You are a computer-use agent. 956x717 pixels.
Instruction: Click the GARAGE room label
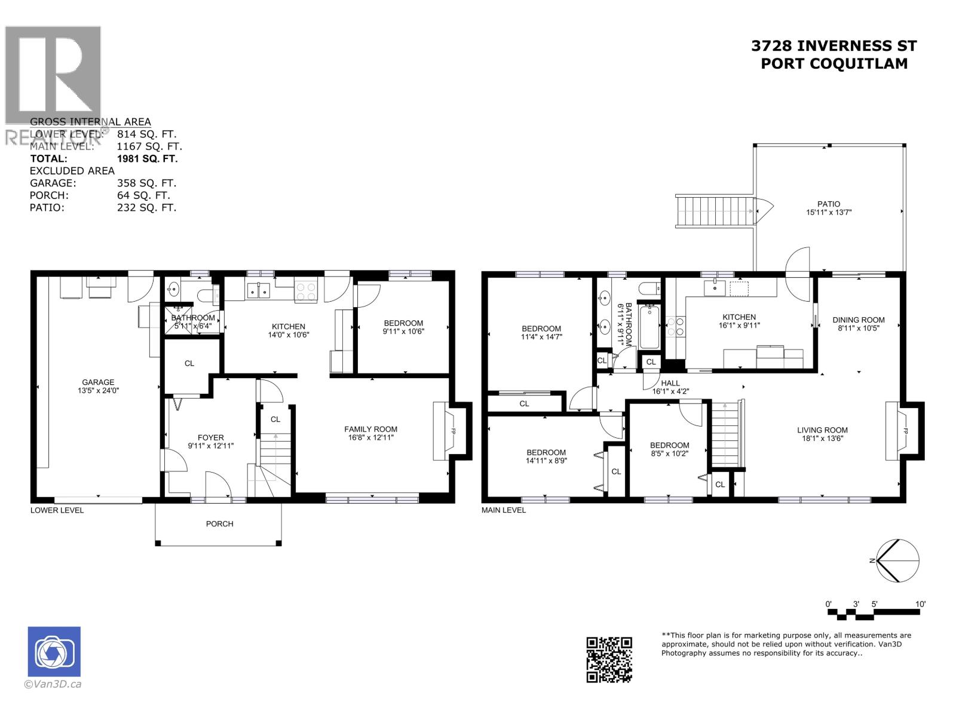click(x=98, y=382)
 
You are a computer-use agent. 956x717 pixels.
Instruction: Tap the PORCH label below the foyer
click(x=219, y=524)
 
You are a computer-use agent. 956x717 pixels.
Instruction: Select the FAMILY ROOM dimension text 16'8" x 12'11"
click(x=370, y=437)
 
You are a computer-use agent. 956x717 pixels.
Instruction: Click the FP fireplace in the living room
click(x=905, y=431)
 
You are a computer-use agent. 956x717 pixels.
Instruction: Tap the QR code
click(x=609, y=660)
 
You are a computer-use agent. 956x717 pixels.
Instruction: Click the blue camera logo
click(x=54, y=652)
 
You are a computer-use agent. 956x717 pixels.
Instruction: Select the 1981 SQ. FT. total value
click(x=147, y=159)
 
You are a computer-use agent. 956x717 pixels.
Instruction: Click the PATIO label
click(x=829, y=204)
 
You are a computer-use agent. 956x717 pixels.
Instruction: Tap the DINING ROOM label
click(x=859, y=320)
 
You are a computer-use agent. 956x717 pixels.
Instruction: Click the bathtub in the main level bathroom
click(x=649, y=326)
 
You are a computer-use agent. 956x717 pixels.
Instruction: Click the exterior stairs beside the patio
click(x=714, y=211)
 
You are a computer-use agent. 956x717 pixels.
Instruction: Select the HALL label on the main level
click(x=670, y=383)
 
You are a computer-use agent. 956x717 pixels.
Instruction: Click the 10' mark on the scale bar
click(x=920, y=604)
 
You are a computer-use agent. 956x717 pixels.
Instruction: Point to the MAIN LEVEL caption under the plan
click(x=504, y=510)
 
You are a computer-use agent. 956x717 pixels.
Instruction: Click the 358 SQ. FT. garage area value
click(x=146, y=183)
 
